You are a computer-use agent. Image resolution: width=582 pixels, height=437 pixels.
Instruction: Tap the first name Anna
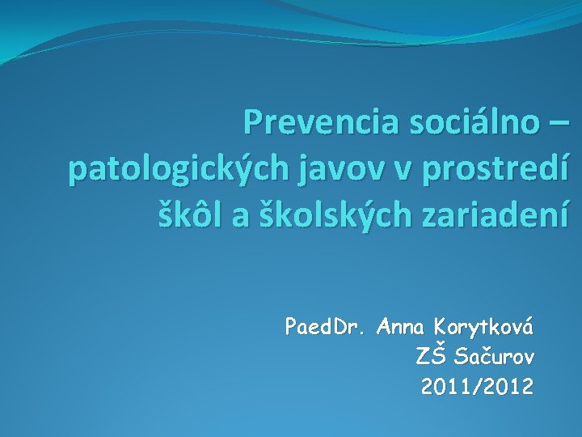402,328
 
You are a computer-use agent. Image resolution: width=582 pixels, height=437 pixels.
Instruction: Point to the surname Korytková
483,328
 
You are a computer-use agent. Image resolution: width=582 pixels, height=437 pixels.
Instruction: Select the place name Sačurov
493,357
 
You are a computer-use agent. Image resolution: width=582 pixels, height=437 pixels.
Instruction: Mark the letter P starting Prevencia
253,123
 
